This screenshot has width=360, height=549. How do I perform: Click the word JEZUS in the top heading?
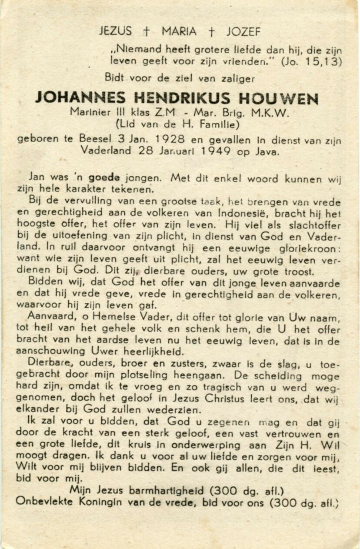click(x=115, y=31)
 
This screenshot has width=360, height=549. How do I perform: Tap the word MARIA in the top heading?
click(x=179, y=31)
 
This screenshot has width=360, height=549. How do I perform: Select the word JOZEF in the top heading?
click(x=243, y=31)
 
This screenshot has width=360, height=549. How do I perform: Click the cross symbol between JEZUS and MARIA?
click(x=147, y=31)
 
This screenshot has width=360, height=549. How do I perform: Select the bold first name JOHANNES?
click(x=80, y=97)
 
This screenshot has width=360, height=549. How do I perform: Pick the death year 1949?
click(x=216, y=151)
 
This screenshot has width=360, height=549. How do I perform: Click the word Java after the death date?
click(x=268, y=151)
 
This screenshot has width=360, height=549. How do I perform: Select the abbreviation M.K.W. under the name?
click(x=270, y=112)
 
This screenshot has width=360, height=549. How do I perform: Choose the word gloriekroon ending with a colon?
click(x=308, y=249)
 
